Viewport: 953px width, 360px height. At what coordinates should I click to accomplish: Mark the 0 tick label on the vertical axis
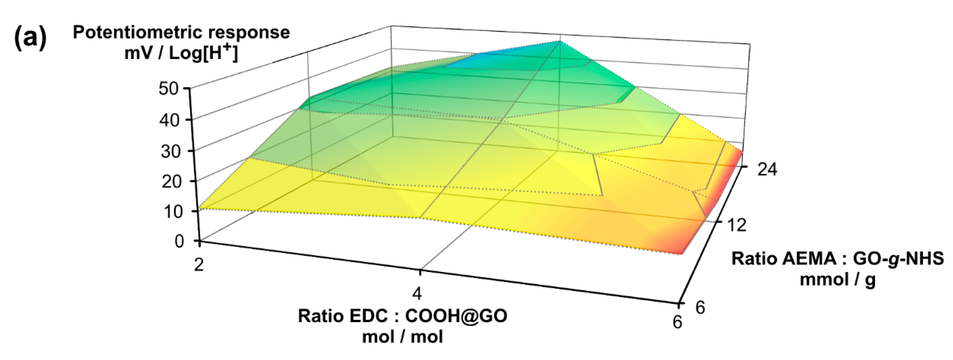(179, 241)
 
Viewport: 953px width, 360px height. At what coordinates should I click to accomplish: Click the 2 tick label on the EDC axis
(199, 264)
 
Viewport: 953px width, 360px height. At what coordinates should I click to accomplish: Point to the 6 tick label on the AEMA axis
(700, 307)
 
